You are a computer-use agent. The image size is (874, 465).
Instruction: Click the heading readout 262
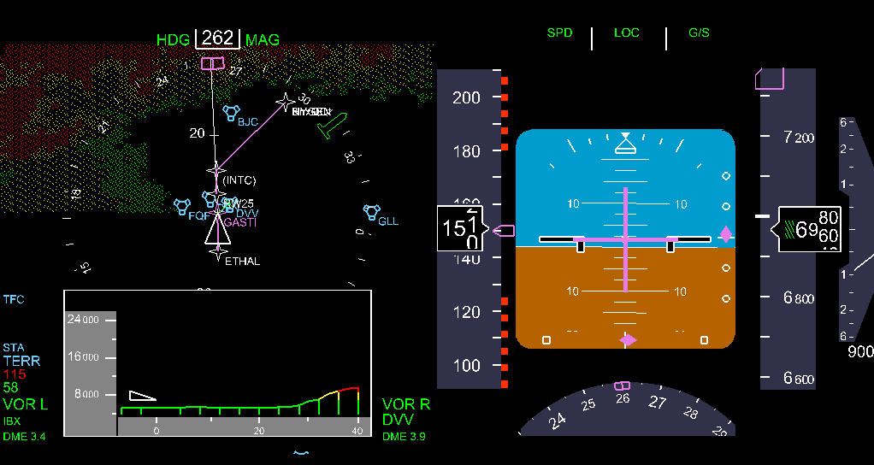pyautogui.click(x=218, y=38)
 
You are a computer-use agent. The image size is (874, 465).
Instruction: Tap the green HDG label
pyautogui.click(x=174, y=40)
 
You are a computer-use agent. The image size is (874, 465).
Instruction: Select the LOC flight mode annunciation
pyautogui.click(x=627, y=33)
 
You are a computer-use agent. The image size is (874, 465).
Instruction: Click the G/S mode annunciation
pyautogui.click(x=699, y=33)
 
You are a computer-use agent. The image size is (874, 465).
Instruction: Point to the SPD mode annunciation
pyautogui.click(x=559, y=33)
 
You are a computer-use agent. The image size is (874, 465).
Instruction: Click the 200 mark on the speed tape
pyautogui.click(x=466, y=97)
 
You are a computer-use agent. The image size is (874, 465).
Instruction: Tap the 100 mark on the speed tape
pyautogui.click(x=466, y=366)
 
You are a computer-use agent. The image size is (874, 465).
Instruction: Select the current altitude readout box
pyautogui.click(x=809, y=229)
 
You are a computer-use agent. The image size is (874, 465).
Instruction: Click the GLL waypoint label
pyautogui.click(x=388, y=221)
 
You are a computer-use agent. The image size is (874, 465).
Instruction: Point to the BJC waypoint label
pyautogui.click(x=248, y=122)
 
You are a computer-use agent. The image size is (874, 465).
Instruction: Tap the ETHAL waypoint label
pyautogui.click(x=242, y=262)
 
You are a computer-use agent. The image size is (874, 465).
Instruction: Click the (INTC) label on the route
pyautogui.click(x=239, y=180)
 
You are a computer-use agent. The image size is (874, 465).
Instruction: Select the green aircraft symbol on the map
pyautogui.click(x=331, y=125)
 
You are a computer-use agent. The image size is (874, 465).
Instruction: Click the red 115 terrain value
pyautogui.click(x=15, y=374)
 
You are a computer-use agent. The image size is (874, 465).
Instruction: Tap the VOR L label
pyautogui.click(x=25, y=404)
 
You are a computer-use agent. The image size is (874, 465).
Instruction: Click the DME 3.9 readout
pyautogui.click(x=404, y=437)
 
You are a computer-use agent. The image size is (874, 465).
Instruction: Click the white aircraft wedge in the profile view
pyautogui.click(x=142, y=395)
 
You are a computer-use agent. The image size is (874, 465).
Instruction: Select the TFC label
pyautogui.click(x=14, y=300)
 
